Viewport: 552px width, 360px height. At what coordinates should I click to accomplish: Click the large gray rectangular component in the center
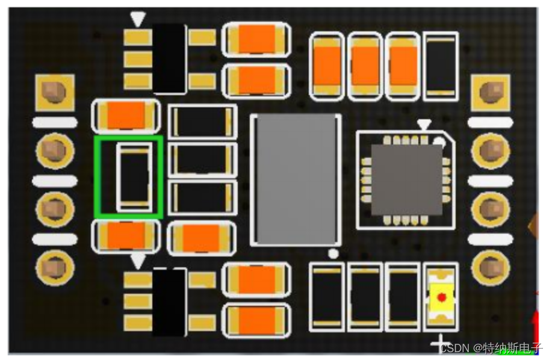coord(296,179)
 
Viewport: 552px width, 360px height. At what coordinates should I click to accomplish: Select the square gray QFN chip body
coord(406,179)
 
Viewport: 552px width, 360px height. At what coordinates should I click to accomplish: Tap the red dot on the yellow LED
coord(441,298)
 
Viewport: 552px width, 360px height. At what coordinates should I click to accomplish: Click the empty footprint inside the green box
coord(134,177)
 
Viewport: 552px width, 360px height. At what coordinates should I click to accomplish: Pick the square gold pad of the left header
coord(55,93)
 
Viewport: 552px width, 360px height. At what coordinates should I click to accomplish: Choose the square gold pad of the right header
coord(491,93)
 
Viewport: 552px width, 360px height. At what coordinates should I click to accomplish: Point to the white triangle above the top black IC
coord(138,19)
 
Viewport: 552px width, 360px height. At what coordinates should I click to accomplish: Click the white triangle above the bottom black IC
coord(138,261)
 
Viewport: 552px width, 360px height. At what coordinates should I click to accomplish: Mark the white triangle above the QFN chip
coord(424,125)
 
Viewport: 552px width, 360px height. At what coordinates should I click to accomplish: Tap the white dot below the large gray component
coord(333,253)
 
